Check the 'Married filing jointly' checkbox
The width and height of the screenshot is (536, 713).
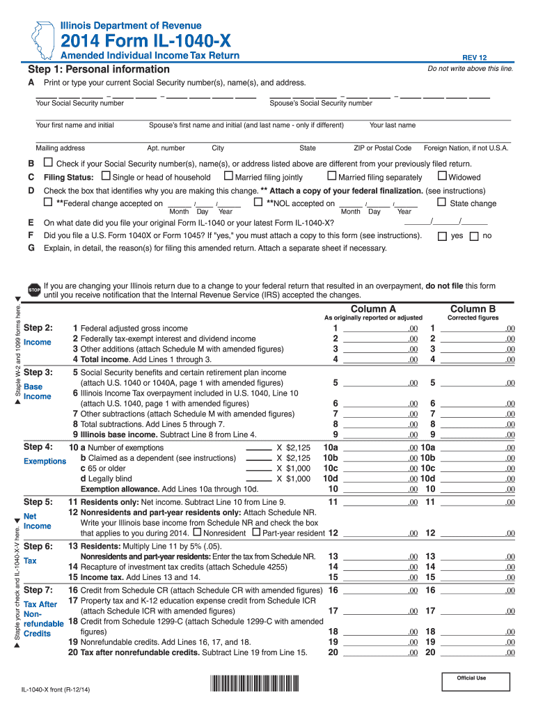[228, 177]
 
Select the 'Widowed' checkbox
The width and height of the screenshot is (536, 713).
[443, 177]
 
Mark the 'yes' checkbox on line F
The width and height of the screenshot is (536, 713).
[441, 236]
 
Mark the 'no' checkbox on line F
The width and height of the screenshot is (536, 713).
[474, 236]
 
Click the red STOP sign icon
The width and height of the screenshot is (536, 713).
[33, 290]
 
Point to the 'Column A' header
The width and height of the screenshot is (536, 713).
[373, 308]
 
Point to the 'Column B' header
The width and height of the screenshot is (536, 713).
[473, 308]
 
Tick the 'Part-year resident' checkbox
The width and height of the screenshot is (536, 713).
[256, 533]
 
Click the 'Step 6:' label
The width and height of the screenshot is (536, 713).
[38, 546]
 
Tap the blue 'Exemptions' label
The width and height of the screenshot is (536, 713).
[45, 461]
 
